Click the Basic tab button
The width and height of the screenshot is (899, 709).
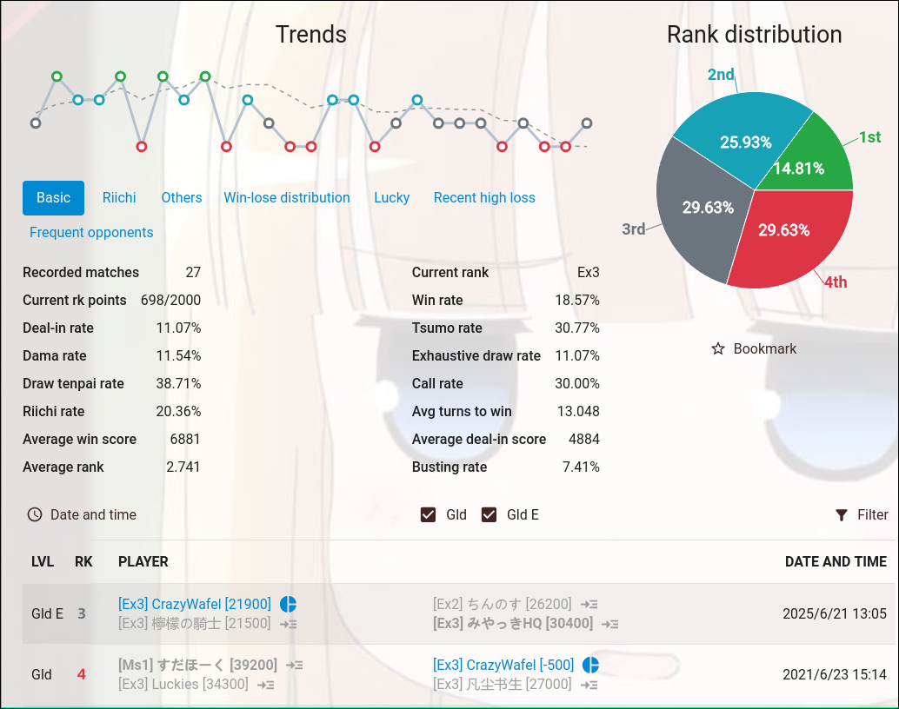pyautogui.click(x=53, y=198)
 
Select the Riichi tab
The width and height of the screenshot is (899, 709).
pyautogui.click(x=119, y=198)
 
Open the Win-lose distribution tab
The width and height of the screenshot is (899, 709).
pyautogui.click(x=287, y=198)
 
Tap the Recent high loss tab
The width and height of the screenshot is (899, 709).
pyautogui.click(x=484, y=198)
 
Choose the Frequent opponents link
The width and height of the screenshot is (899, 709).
pyautogui.click(x=91, y=233)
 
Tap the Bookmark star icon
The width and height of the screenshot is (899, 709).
pyautogui.click(x=718, y=349)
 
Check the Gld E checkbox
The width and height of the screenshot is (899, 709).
pyautogui.click(x=489, y=515)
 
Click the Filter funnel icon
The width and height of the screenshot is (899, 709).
pyautogui.click(x=842, y=515)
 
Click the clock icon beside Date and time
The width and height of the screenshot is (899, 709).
pyautogui.click(x=35, y=515)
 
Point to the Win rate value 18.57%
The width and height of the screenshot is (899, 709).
pyautogui.click(x=577, y=301)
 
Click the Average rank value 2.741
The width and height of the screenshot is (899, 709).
pyautogui.click(x=183, y=467)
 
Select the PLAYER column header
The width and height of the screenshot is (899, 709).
pyautogui.click(x=143, y=562)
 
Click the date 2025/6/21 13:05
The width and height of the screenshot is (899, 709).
pyautogui.click(x=835, y=613)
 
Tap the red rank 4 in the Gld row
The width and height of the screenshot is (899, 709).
pyautogui.click(x=82, y=674)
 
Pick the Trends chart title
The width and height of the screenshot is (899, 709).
pyautogui.click(x=311, y=35)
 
